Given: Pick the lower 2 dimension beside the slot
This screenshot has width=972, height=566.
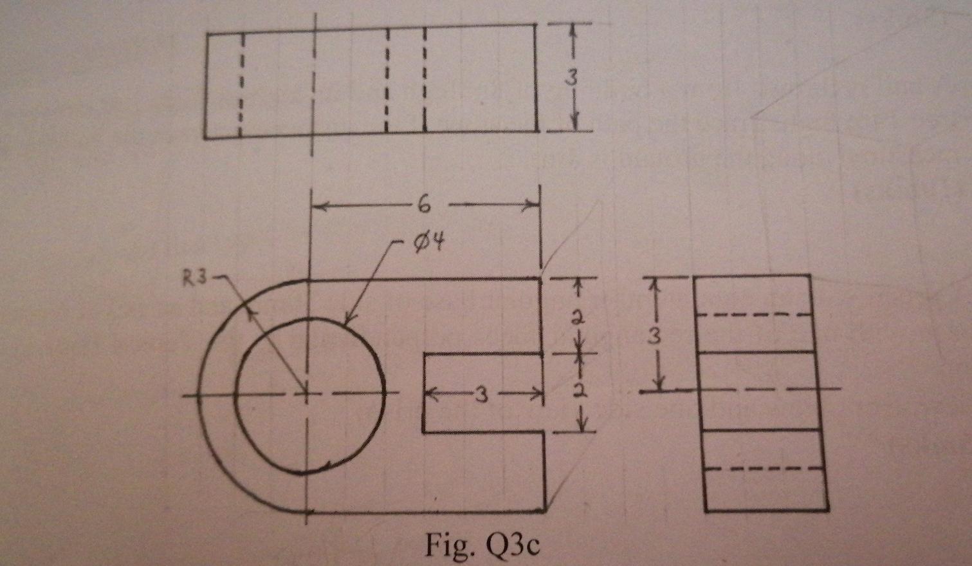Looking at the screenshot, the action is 580,391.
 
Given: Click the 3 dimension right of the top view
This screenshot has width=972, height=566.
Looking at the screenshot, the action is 571,77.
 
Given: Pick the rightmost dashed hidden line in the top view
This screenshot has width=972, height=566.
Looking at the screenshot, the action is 425,80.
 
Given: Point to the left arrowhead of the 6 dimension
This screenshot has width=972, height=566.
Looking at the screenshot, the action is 317,206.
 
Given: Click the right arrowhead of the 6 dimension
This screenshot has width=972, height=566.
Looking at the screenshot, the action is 533,206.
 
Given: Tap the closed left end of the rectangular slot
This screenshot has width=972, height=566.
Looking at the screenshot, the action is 423,393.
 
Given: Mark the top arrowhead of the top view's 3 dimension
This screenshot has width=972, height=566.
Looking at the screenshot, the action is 573,30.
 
